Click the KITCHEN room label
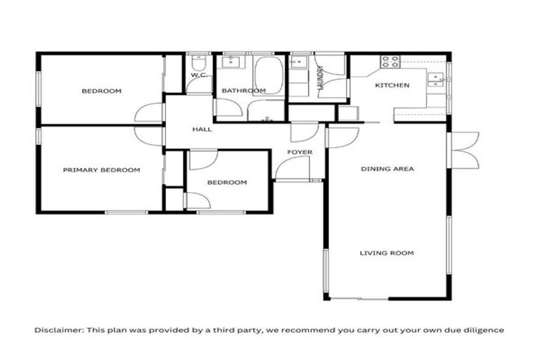click(392, 85)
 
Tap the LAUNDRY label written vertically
click(321, 79)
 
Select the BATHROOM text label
click(243, 91)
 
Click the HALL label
click(202, 129)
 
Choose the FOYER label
click(300, 152)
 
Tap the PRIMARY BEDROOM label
click(101, 170)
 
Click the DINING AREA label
click(387, 169)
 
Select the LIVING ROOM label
click(387, 253)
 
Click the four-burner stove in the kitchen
click(390, 62)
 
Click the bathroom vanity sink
click(230, 63)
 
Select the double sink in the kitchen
click(438, 77)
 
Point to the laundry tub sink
click(299, 63)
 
